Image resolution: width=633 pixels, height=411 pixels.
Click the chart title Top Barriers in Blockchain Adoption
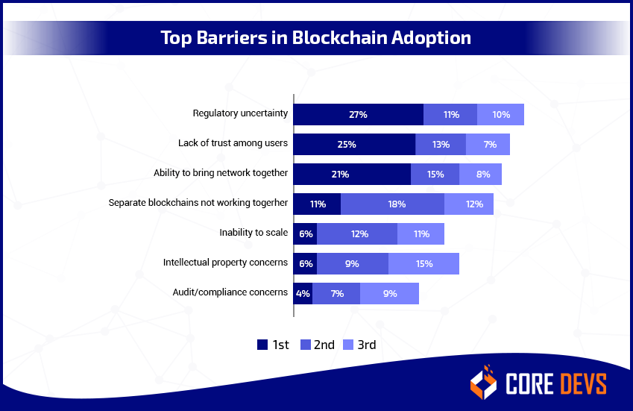pos(316,37)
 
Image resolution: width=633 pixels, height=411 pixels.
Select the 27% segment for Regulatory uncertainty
pos(358,115)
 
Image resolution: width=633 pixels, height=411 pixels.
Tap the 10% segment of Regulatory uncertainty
pos(500,115)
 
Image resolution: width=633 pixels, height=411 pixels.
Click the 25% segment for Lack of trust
pos(354,144)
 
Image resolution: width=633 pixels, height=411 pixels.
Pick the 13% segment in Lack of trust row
pos(440,144)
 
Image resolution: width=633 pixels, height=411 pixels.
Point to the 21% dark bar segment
pos(351,174)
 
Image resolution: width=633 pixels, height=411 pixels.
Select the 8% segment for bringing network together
pos(480,174)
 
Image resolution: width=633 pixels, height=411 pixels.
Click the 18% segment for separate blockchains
pos(392,204)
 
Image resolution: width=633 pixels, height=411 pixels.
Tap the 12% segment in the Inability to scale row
pos(357,233)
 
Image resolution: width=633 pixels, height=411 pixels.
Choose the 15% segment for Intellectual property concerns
pos(423,263)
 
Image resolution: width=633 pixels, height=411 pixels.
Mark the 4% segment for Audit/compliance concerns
pos(303,293)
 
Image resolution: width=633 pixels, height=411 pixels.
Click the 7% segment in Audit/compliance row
pos(336,293)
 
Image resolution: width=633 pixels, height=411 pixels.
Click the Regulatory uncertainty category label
pos(240,113)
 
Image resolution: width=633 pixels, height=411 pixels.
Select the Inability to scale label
pos(253,233)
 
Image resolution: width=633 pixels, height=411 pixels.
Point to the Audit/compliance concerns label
pos(230,292)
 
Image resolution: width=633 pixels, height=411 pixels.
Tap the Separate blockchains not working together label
pos(198,203)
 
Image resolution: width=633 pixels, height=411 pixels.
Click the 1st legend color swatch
pos(262,345)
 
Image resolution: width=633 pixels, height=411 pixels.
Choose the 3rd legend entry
pos(359,345)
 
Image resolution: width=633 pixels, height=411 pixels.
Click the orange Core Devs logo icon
pos(483,382)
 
